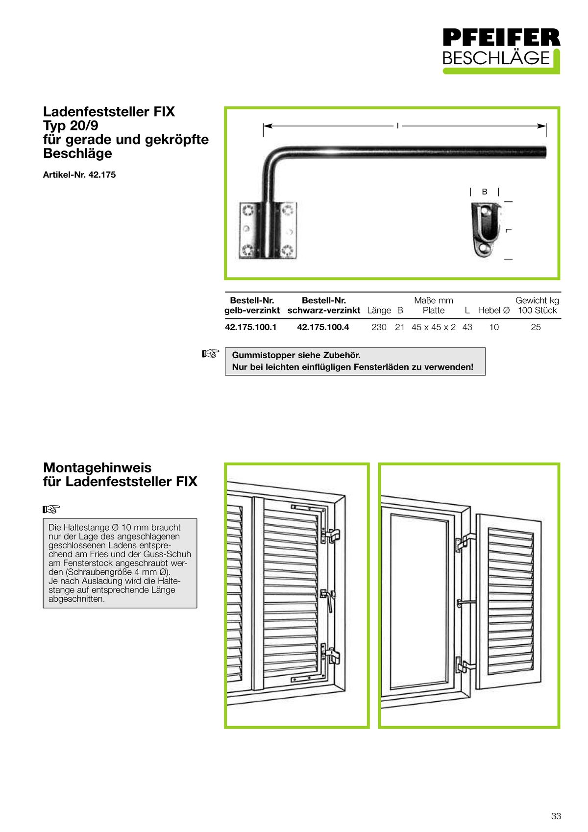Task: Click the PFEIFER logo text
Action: [x=501, y=38]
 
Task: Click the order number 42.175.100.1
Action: [x=251, y=327]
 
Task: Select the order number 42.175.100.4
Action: [x=323, y=327]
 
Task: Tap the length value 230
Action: [x=379, y=327]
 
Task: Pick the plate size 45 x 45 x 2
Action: [x=433, y=327]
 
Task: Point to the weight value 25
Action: [x=536, y=327]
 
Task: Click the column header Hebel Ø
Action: [x=493, y=311]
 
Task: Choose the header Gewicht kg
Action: [x=537, y=300]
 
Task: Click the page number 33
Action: [x=556, y=816]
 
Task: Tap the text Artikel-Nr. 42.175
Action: [x=79, y=175]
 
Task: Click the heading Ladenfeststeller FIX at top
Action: [x=109, y=112]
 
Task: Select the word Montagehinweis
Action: [x=97, y=467]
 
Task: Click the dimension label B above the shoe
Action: [x=485, y=192]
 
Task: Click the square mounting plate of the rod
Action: [x=268, y=230]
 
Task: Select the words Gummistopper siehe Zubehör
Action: [x=296, y=355]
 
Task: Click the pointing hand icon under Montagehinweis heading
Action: [x=51, y=509]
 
